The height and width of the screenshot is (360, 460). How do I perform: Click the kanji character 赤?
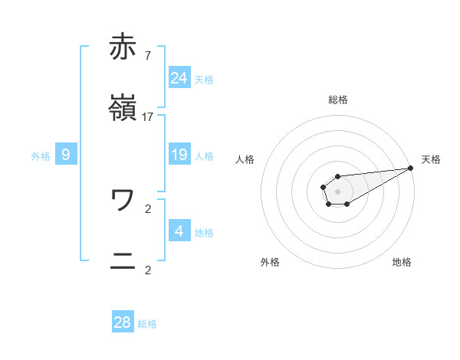pyautogui.click(x=123, y=47)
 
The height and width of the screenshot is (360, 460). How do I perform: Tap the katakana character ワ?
pyautogui.click(x=123, y=200)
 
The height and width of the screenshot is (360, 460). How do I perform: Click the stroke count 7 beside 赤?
pyautogui.click(x=147, y=55)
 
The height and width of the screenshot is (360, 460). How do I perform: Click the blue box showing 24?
pyautogui.click(x=179, y=77)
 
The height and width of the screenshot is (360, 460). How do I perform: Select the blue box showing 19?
pyautogui.click(x=179, y=155)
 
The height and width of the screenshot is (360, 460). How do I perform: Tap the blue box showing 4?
pyautogui.click(x=179, y=231)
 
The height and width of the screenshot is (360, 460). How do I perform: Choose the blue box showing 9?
pyautogui.click(x=66, y=155)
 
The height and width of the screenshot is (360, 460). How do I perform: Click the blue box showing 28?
pyautogui.click(x=123, y=322)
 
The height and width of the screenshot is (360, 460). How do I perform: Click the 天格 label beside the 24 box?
pyautogui.click(x=204, y=79)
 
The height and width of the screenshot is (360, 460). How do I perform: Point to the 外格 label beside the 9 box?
pyautogui.click(x=41, y=156)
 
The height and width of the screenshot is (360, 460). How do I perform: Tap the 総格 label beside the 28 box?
pyautogui.click(x=147, y=324)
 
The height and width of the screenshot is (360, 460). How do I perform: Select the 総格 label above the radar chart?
pyautogui.click(x=338, y=100)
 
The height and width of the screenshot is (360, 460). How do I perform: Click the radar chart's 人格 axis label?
pyautogui.click(x=245, y=159)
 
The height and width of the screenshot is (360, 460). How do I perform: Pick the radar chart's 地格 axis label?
pyautogui.click(x=402, y=262)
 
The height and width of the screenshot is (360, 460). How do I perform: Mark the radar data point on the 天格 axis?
pyautogui.click(x=410, y=168)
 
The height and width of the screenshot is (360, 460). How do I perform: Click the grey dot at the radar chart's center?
pyautogui.click(x=337, y=190)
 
